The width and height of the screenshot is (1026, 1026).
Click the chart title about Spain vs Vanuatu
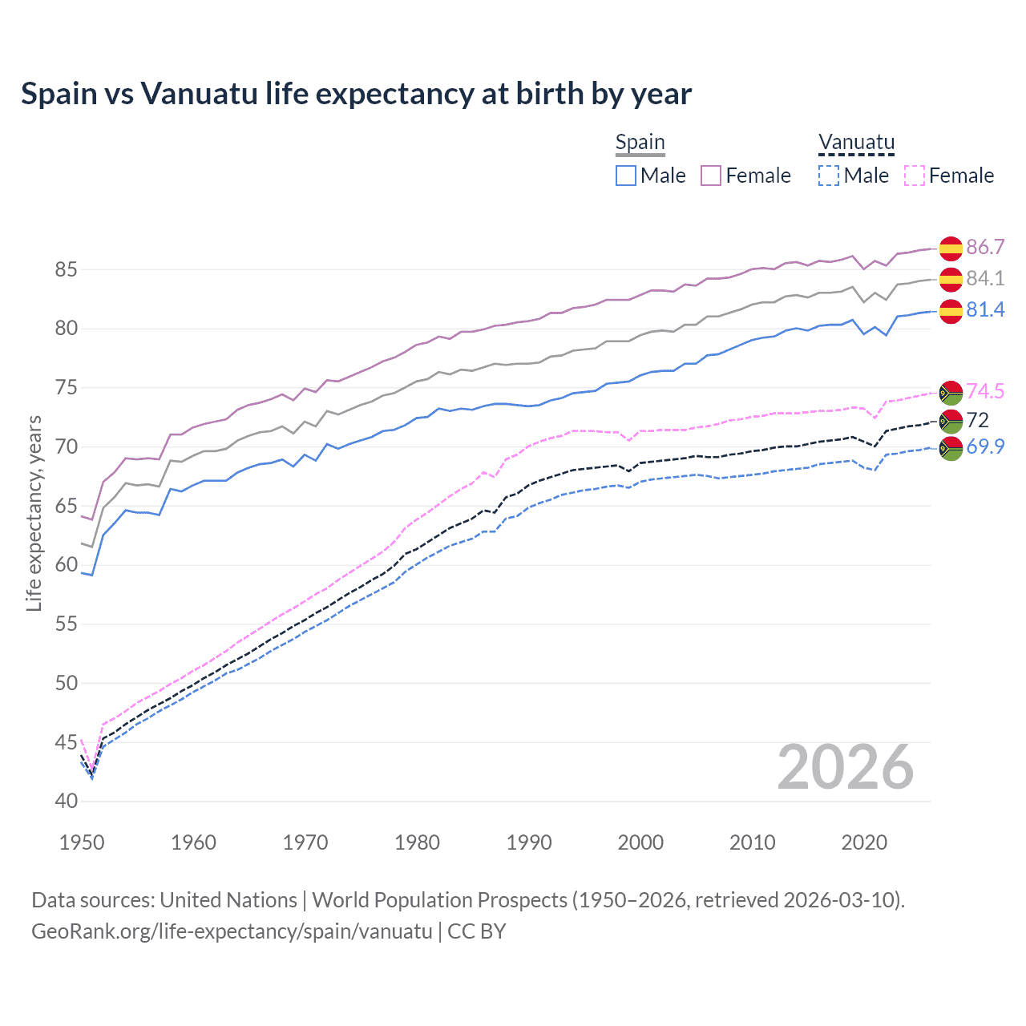pos(356,94)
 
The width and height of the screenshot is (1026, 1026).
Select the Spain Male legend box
pos(626,176)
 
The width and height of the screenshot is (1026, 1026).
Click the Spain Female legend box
pos(711,176)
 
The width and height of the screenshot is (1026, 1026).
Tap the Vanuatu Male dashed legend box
pos(829,176)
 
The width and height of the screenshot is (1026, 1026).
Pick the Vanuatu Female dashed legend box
pos(914,176)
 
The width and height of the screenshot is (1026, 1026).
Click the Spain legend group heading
pos(640,143)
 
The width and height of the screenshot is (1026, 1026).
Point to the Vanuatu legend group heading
pos(856,143)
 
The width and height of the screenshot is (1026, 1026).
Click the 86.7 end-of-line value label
pos(985,247)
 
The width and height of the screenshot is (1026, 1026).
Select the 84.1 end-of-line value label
pos(985,278)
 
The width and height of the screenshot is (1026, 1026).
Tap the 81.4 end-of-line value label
pos(985,309)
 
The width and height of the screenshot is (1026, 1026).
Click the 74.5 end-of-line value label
pos(985,391)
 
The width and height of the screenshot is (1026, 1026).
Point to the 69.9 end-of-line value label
pos(985,446)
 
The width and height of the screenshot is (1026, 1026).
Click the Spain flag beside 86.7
pos(951,248)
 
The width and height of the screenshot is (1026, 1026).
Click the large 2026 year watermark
pos(845,768)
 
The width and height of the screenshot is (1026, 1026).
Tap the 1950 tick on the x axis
pos(82,842)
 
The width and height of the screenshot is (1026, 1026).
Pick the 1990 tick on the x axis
pos(529,842)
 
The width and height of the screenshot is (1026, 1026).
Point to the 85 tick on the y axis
pos(66,269)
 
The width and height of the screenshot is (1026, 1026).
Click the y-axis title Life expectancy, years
pos(34,513)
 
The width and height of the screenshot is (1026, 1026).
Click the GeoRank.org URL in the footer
pos(232,931)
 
